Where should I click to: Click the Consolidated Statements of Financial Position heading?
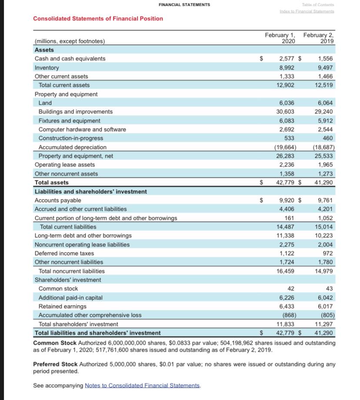(98, 18)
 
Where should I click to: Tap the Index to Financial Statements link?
(307, 11)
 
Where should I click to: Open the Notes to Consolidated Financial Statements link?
(143, 385)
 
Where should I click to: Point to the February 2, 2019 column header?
(320, 38)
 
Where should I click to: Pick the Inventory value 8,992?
(286, 67)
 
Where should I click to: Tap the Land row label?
(45, 103)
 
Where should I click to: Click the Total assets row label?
(51, 183)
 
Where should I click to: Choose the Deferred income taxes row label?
(64, 253)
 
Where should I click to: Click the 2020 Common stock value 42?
(291, 289)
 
